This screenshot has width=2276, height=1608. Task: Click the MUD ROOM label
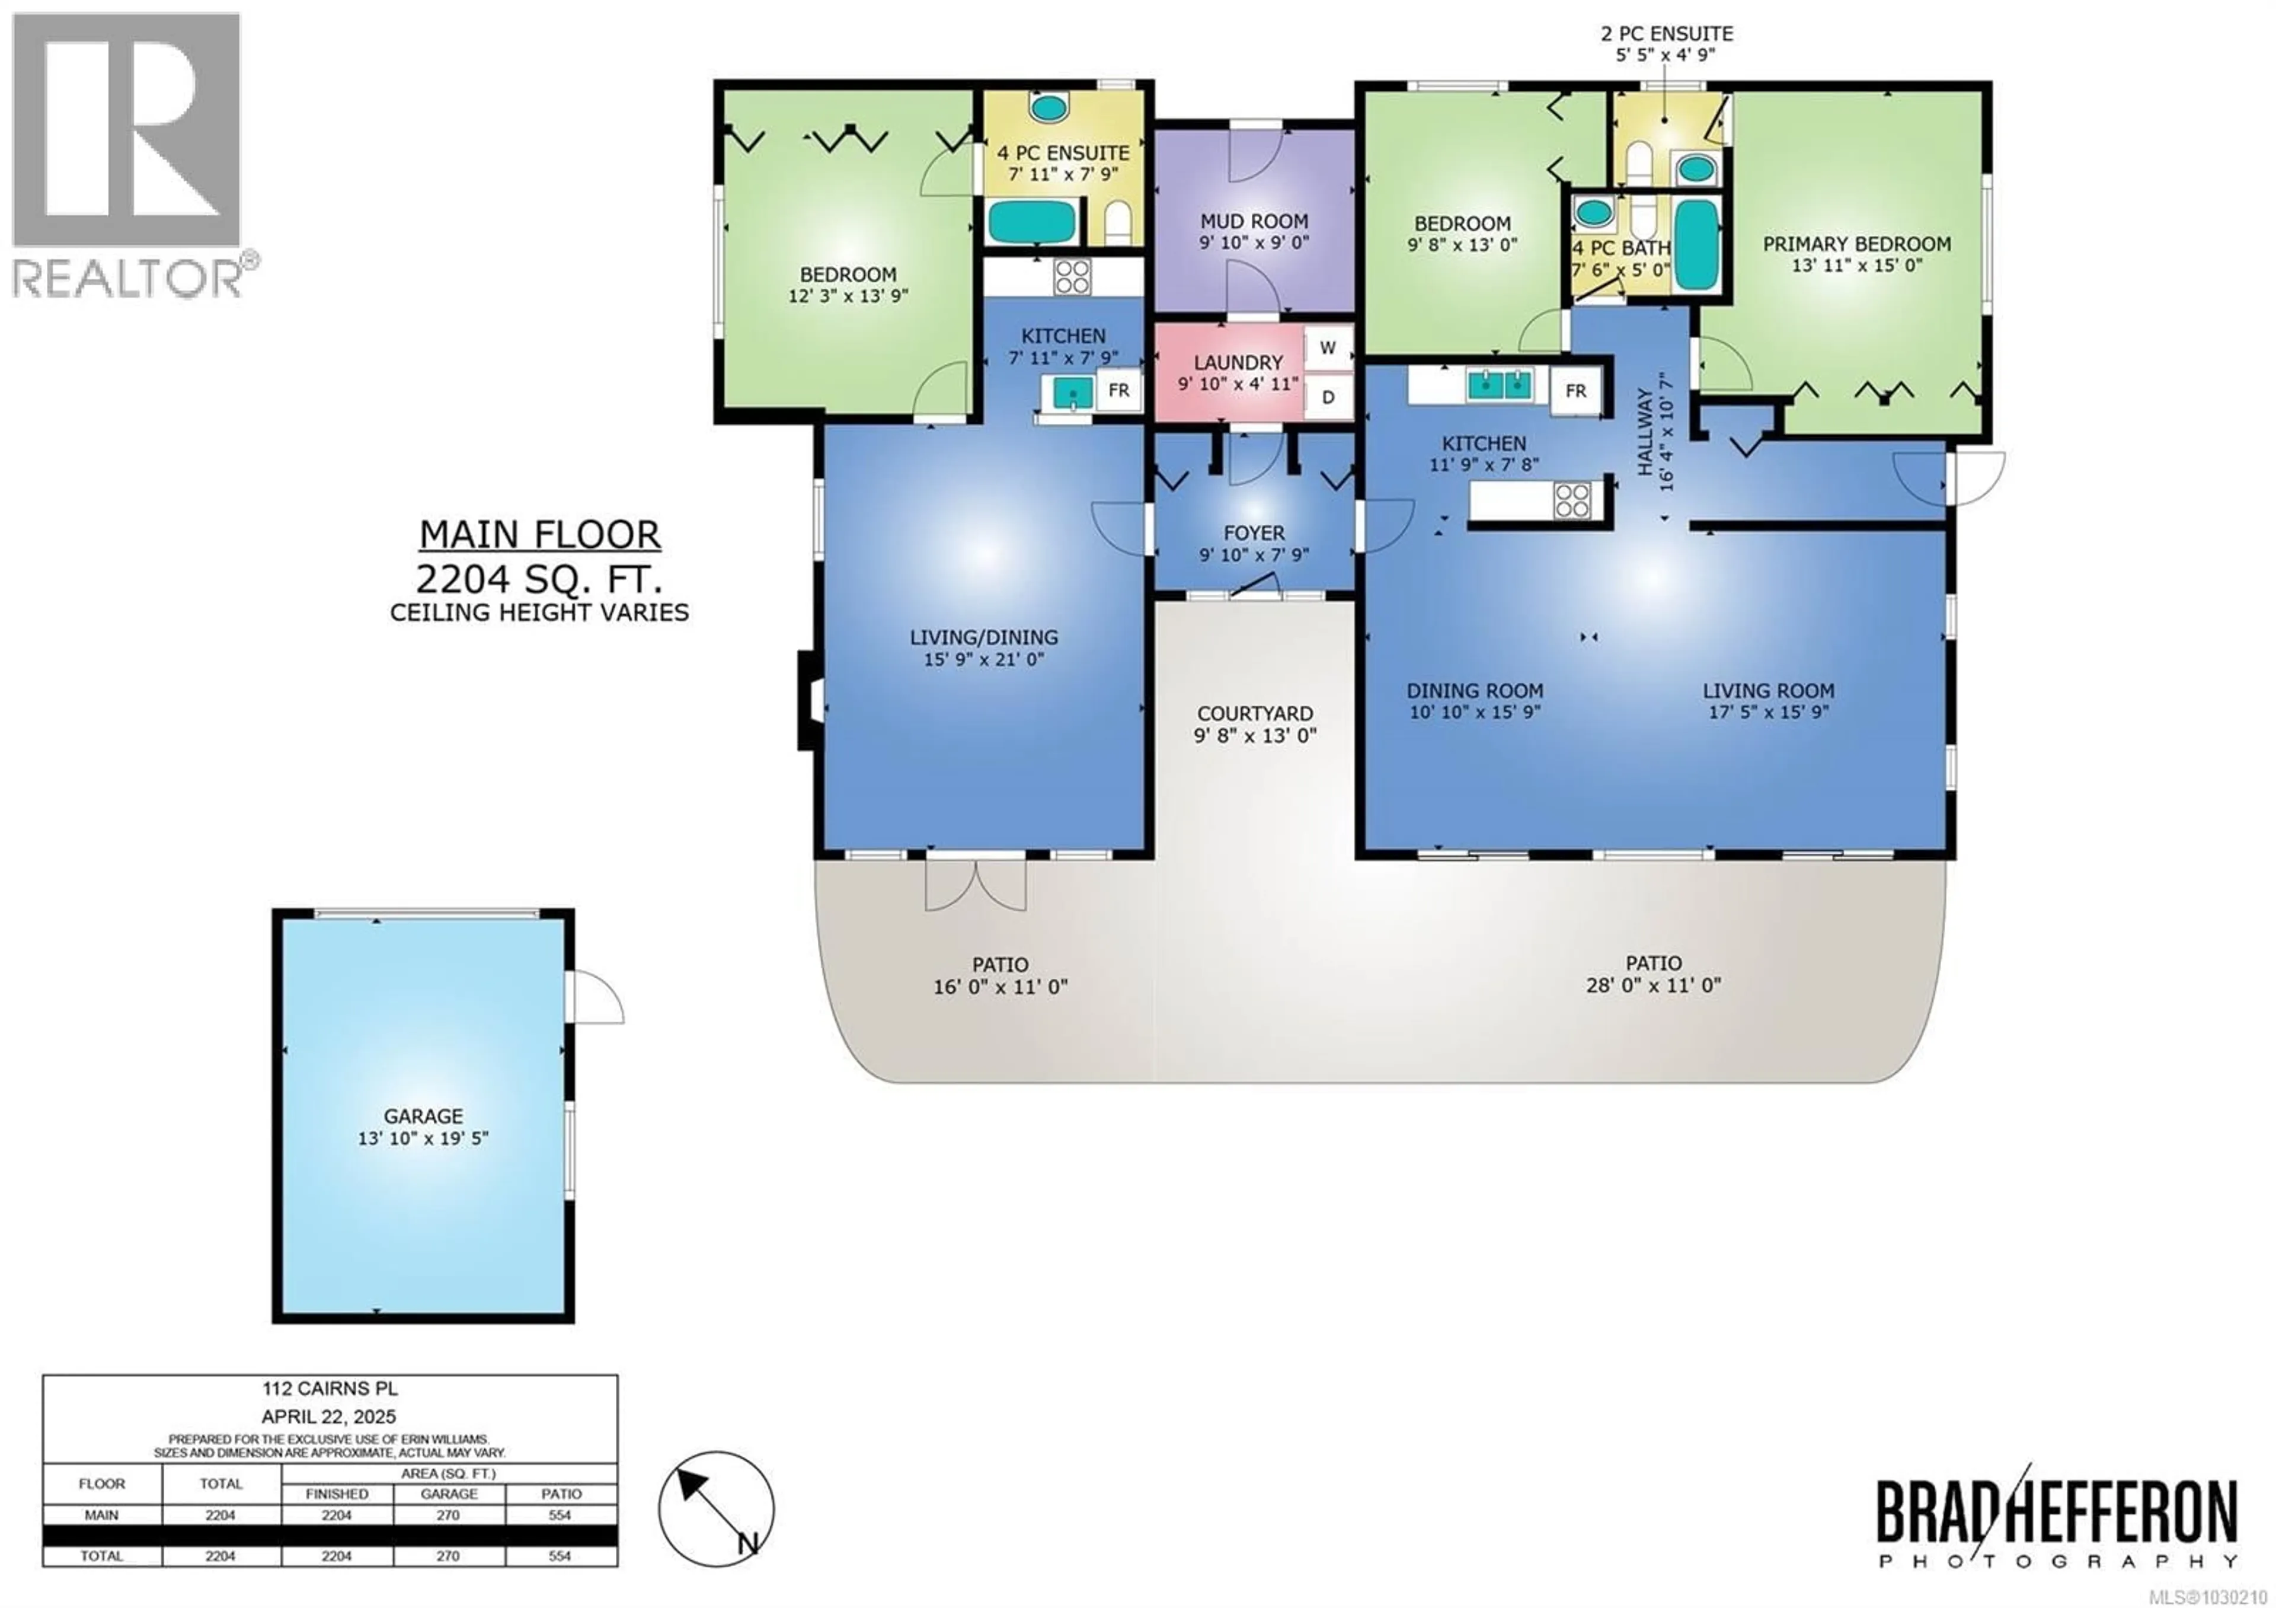point(1254,221)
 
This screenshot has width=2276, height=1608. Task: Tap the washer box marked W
point(1327,348)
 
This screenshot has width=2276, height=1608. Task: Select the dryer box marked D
point(1327,397)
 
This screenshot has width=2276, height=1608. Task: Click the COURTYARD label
point(1255,714)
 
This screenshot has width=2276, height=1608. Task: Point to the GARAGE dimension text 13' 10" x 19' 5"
point(423,1138)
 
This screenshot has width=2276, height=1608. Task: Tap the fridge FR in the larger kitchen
point(1575,391)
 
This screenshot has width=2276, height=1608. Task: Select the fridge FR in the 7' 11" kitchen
point(1118,391)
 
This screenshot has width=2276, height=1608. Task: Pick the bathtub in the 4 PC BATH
point(1696,246)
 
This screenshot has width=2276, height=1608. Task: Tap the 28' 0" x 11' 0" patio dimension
point(1654,985)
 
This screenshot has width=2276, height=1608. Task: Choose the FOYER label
point(1254,534)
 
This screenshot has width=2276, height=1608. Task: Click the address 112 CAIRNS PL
point(330,1390)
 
